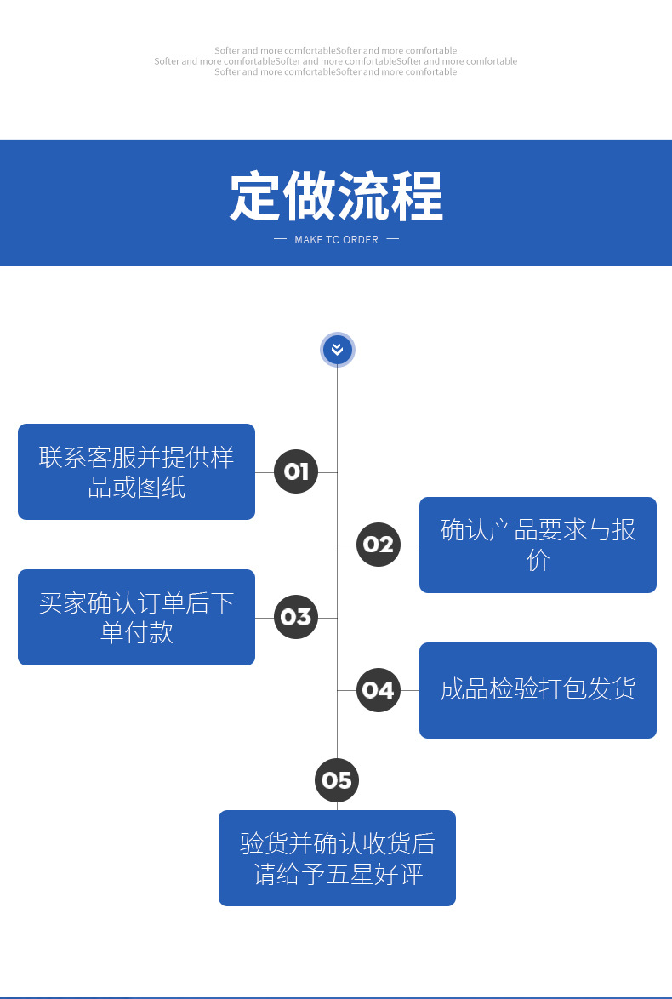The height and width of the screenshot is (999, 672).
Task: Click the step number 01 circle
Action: point(296,471)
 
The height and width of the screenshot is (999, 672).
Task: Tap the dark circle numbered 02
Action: point(379,545)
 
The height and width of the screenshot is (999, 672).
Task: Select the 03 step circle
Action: point(296,617)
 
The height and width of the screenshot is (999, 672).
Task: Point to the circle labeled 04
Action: point(379,690)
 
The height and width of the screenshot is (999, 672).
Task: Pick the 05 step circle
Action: point(337,780)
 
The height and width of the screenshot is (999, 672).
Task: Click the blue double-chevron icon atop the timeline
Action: point(337,350)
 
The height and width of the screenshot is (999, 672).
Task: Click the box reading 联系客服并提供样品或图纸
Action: point(136,471)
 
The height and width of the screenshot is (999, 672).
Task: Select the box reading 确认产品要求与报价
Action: point(538,545)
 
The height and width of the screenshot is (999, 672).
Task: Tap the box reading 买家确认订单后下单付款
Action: point(136,617)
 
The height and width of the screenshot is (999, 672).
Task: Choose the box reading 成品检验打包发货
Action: point(538,690)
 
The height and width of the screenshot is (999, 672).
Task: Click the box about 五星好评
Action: point(337,858)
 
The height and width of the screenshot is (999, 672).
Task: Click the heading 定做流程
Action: point(336,197)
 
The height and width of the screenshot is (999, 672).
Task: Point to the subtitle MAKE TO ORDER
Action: point(336,240)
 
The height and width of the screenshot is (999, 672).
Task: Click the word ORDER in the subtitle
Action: point(362,240)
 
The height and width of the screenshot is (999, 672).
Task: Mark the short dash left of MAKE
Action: point(280,239)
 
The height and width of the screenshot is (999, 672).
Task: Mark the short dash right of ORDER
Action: point(392,239)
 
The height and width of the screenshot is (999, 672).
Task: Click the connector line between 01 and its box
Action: point(265,472)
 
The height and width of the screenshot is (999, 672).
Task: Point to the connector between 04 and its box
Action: point(410,690)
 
